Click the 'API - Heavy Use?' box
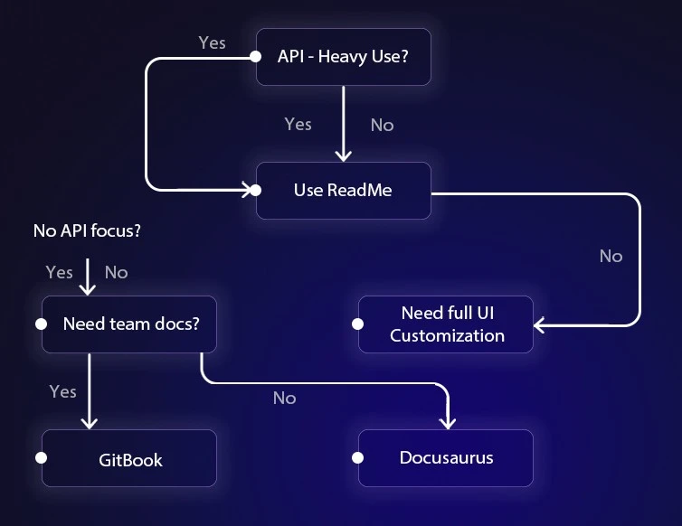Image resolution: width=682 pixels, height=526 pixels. click(x=343, y=56)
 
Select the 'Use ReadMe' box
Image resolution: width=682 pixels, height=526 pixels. click(x=343, y=190)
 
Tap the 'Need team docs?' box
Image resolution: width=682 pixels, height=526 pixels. click(x=130, y=324)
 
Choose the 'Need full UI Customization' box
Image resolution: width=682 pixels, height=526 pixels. click(x=446, y=324)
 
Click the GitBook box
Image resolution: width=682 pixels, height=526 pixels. click(x=130, y=458)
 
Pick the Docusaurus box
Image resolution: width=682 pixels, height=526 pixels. click(x=446, y=457)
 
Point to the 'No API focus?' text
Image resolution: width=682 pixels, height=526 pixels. click(x=87, y=230)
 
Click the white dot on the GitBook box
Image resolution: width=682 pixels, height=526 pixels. click(x=41, y=458)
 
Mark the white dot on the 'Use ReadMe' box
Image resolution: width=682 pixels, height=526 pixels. click(x=256, y=190)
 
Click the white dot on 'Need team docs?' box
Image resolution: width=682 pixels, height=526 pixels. click(x=41, y=324)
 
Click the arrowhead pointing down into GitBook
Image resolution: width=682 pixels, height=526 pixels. click(x=88, y=422)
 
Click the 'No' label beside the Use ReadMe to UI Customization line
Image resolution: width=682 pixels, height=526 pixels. click(x=611, y=257)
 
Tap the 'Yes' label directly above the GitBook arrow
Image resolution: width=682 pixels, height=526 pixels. click(x=62, y=391)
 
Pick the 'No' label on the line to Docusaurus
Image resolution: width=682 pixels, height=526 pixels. click(x=284, y=398)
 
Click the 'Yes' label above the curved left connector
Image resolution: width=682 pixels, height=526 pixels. click(x=212, y=42)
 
